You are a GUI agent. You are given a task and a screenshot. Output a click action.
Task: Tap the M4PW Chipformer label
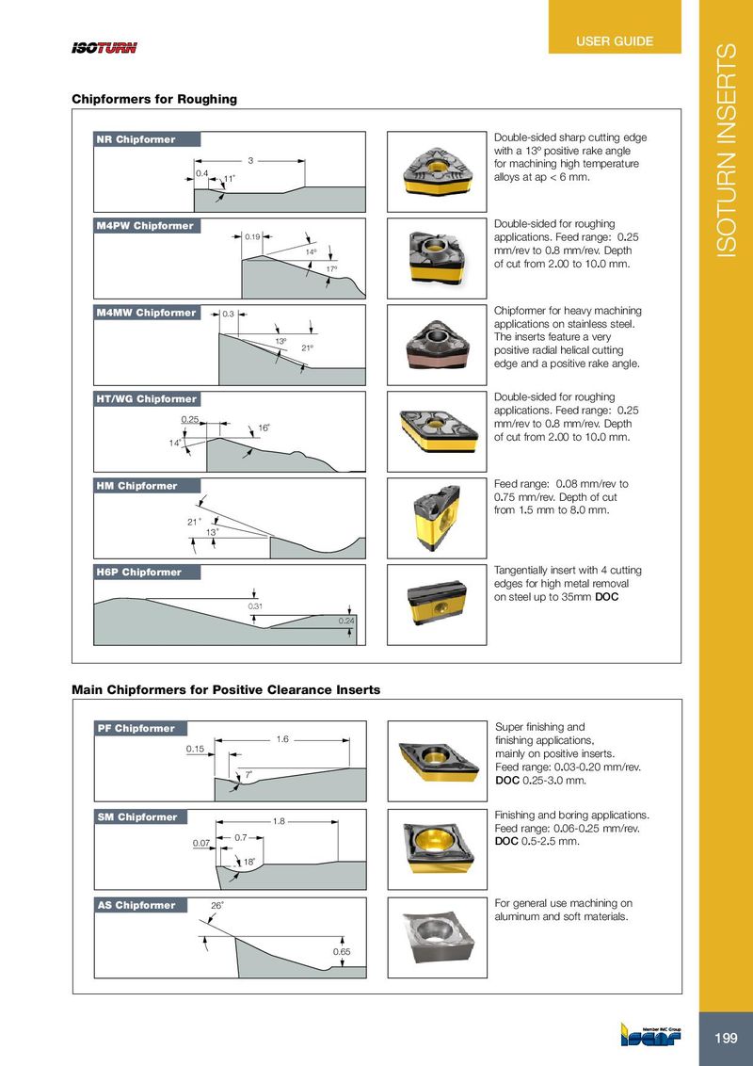146,226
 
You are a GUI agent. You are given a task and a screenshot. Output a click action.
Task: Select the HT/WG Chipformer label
146,399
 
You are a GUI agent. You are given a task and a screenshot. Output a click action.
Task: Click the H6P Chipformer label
138,573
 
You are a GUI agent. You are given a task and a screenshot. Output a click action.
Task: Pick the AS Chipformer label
136,906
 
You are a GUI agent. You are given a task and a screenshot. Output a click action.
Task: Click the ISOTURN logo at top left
104,49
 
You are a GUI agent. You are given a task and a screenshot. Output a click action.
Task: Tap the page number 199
726,1039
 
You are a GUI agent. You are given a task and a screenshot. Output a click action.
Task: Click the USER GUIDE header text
615,41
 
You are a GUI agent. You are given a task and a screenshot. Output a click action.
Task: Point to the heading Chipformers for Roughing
154,99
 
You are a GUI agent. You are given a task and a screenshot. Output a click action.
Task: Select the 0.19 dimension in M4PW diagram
252,236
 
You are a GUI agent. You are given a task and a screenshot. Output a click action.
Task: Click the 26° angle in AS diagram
217,906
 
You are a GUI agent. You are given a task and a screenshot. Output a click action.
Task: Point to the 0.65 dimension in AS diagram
342,952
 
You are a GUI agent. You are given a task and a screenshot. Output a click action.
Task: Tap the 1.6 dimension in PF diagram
282,739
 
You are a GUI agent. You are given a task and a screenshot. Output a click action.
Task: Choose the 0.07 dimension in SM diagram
199,844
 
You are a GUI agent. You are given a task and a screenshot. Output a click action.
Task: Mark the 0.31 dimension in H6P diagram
254,606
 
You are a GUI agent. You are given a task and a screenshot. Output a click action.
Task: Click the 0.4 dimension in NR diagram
201,173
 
